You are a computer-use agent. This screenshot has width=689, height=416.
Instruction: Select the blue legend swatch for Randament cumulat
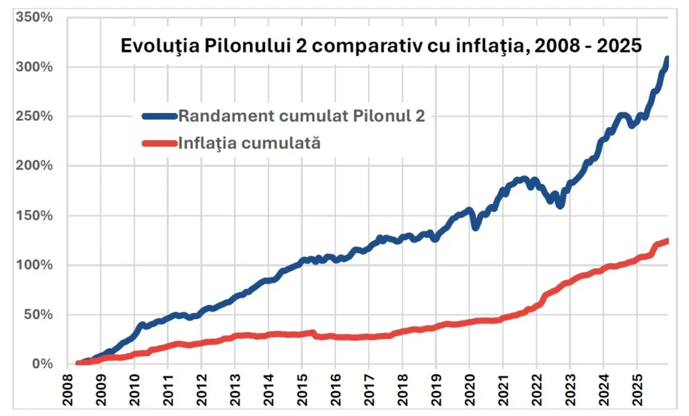(x=160, y=116)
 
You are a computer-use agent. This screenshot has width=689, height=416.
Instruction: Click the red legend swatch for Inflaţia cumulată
(x=160, y=142)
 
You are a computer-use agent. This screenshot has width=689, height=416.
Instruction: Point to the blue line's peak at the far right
(x=667, y=59)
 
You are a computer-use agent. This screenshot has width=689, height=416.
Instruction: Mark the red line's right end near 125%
(x=666, y=240)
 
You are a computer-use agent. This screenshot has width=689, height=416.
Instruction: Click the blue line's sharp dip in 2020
(x=475, y=228)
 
